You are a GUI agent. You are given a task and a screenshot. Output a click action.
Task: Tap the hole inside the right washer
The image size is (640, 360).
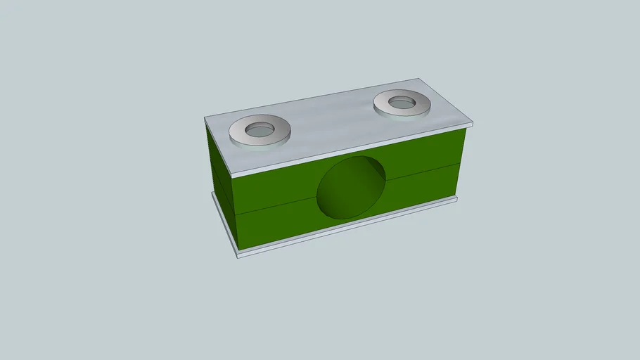[402, 103]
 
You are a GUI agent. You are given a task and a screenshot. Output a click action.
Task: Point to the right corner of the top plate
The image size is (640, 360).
[473, 125]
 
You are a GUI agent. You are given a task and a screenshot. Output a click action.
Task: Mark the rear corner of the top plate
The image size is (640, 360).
[421, 79]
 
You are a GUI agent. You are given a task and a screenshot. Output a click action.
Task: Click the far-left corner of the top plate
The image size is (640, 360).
[205, 118]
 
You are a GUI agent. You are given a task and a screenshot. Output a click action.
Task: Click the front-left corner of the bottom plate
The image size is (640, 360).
[238, 255]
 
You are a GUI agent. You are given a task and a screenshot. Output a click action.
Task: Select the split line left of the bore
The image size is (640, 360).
[274, 207]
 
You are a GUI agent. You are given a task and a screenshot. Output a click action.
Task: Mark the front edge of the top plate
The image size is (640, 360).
[352, 150]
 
